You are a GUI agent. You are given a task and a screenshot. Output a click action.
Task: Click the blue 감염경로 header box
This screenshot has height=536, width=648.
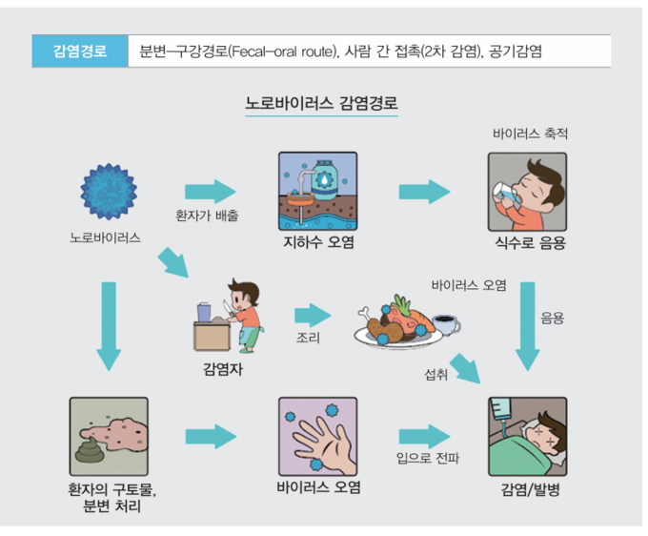[80, 51]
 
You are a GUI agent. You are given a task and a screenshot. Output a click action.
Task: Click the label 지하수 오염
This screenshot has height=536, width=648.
[318, 242]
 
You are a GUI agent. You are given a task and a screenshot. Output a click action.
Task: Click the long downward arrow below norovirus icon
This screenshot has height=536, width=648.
[108, 324]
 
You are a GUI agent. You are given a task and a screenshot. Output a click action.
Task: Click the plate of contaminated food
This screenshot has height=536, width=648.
[395, 325]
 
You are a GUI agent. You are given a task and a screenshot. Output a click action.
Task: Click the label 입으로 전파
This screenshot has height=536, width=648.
[427, 460]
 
